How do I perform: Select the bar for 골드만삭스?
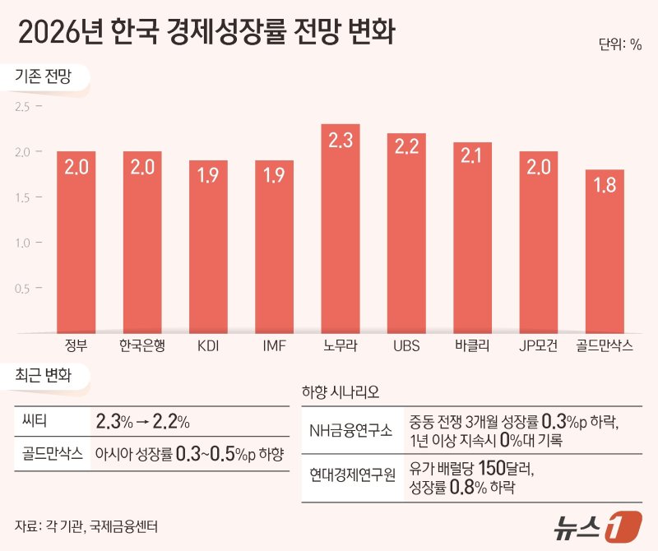point(605,251)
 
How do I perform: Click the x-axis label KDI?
point(208,345)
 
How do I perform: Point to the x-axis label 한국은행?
point(142,345)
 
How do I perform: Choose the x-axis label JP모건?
point(539,345)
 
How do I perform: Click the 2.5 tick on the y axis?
point(21,107)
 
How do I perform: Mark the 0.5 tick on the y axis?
point(21,288)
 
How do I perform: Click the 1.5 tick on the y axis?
point(21,197)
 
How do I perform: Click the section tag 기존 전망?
point(44,78)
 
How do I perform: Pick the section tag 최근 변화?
point(44,377)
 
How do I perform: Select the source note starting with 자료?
point(93,525)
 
